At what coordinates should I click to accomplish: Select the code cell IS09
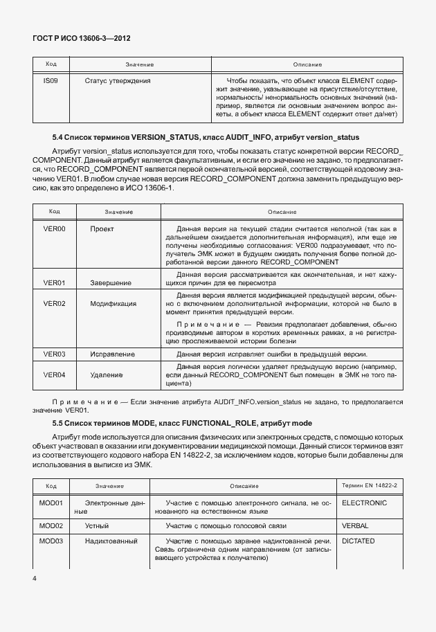pyautogui.click(x=50, y=81)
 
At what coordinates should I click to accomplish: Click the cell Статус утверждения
pyautogui.click(x=117, y=81)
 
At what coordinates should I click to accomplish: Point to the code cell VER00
pyautogui.click(x=54, y=228)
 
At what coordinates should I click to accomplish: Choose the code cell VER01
pyautogui.click(x=54, y=282)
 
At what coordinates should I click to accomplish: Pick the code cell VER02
pyautogui.click(x=54, y=303)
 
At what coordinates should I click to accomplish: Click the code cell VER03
pyautogui.click(x=54, y=354)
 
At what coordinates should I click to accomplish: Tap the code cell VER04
pyautogui.click(x=54, y=374)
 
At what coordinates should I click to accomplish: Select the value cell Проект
pyautogui.click(x=102, y=228)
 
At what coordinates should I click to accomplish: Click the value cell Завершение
pyautogui.click(x=111, y=282)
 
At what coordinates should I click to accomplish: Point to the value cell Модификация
pyautogui.click(x=113, y=303)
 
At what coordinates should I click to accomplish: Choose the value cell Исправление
pyautogui.click(x=112, y=354)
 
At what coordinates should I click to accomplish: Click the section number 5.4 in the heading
pyautogui.click(x=59, y=137)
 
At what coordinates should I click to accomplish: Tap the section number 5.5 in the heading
pyautogui.click(x=59, y=423)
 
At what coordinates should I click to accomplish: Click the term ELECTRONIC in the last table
pyautogui.click(x=364, y=503)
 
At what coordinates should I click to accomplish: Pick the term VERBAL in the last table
pyautogui.click(x=355, y=526)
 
